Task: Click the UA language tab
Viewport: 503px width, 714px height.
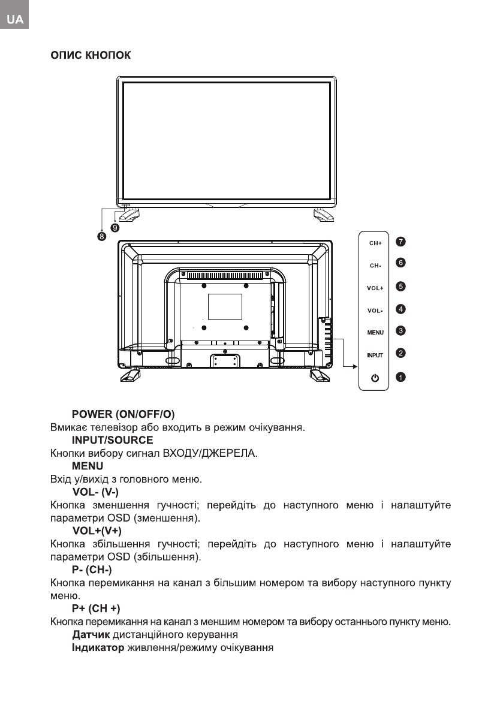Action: [x=15, y=20]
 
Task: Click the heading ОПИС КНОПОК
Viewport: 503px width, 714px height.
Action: [x=86, y=56]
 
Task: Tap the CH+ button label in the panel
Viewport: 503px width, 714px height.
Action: [x=375, y=243]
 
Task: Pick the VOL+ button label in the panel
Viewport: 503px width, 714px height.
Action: [x=375, y=288]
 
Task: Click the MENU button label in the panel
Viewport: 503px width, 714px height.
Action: [x=375, y=332]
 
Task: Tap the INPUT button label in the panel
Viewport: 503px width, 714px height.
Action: [x=375, y=356]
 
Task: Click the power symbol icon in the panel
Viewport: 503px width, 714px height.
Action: [x=375, y=378]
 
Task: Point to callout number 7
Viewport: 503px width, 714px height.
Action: [x=400, y=241]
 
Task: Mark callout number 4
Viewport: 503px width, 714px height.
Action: [x=400, y=309]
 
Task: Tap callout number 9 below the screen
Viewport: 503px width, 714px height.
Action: [x=115, y=228]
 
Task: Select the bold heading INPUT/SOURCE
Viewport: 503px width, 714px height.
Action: [x=112, y=440]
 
